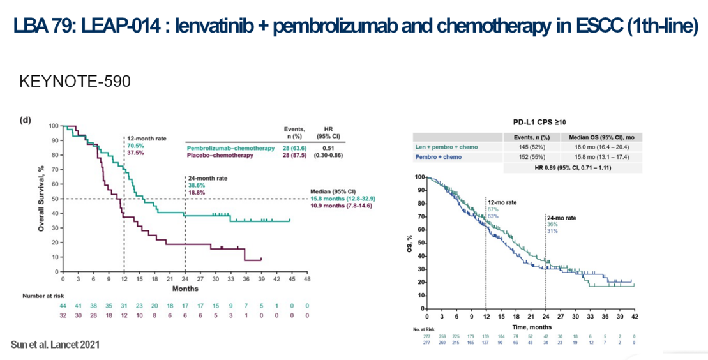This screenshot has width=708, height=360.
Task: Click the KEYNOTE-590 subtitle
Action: pyautogui.click(x=75, y=81)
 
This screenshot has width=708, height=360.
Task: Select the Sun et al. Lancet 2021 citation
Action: pyautogui.click(x=56, y=345)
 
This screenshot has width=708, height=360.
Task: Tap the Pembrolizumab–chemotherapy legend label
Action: pyautogui.click(x=230, y=148)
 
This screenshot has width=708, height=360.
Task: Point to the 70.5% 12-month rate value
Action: pyautogui.click(x=135, y=146)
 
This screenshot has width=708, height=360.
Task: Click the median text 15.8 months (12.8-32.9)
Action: pyautogui.click(x=342, y=199)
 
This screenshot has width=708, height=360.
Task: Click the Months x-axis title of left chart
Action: pyautogui.click(x=185, y=289)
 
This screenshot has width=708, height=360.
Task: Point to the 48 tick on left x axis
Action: pyautogui.click(x=307, y=280)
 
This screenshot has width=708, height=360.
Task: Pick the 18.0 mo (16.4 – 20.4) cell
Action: pyautogui.click(x=601, y=147)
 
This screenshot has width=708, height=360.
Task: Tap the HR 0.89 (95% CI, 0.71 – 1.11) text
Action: pyautogui.click(x=573, y=167)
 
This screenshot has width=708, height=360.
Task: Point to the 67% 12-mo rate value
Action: pyautogui.click(x=493, y=209)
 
